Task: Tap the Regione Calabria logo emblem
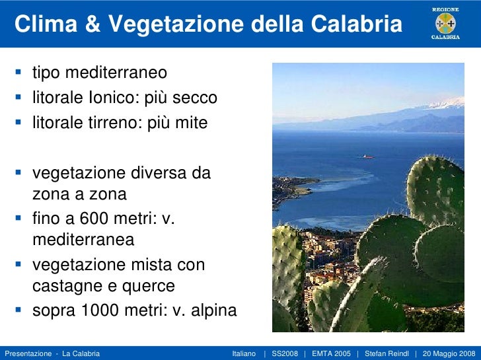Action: (x=445, y=23)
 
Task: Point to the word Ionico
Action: (x=109, y=98)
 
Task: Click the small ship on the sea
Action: (x=367, y=157)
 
